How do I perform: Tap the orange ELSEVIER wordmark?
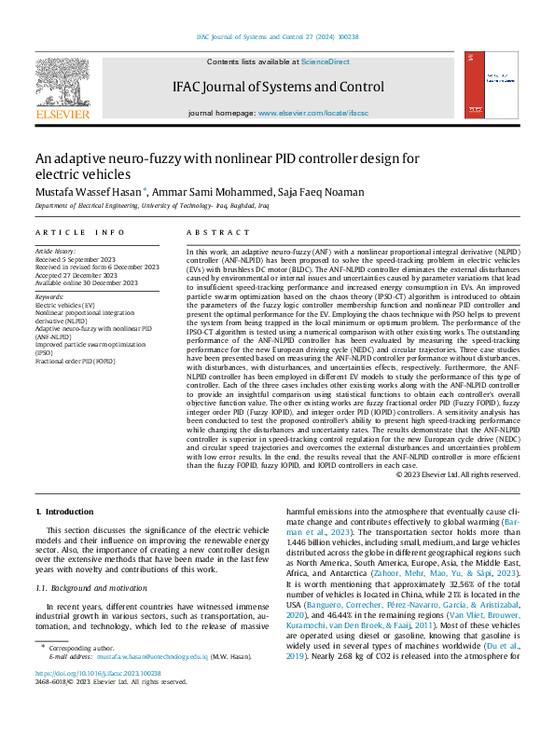coord(62,114)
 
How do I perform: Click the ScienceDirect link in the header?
coord(326,62)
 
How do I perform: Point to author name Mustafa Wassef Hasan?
coord(89,192)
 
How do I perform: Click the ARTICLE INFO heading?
coord(79,231)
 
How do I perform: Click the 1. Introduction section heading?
coord(64,512)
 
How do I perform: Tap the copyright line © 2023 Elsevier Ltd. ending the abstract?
coord(457,475)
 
